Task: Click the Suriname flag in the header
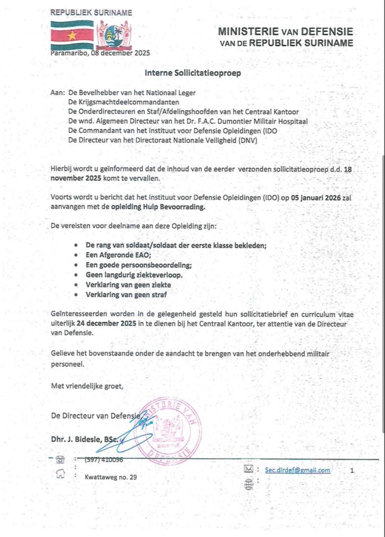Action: [x=72, y=35]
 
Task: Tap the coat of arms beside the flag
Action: [x=113, y=35]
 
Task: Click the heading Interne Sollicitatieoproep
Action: [x=193, y=73]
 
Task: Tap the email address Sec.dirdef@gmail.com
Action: [x=293, y=470]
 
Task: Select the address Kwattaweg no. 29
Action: [x=110, y=477]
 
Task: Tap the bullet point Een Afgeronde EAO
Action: [x=108, y=255]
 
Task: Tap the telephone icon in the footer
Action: [x=60, y=459]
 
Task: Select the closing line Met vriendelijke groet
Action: [x=87, y=386]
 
